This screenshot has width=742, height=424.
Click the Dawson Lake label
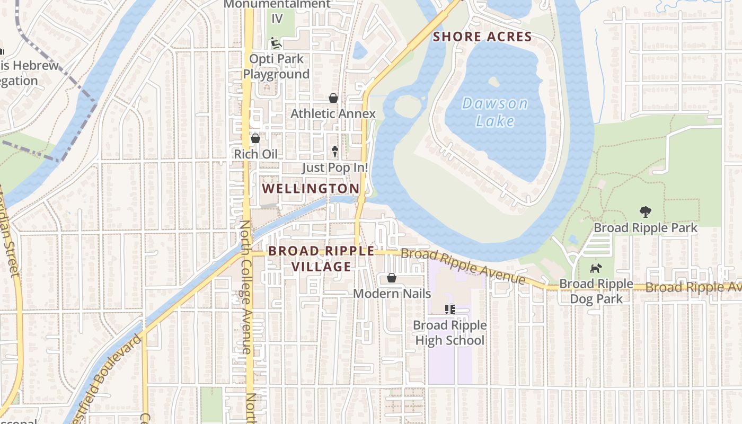[494, 112]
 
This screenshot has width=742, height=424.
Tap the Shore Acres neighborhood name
[482, 37]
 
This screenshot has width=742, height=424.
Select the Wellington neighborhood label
[311, 188]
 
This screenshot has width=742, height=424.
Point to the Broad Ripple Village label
[321, 259]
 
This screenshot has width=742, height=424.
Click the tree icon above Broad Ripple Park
[645, 212]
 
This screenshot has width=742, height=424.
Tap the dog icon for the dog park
[596, 268]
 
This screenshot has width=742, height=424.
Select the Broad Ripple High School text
[450, 332]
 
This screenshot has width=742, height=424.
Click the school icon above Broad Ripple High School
[450, 310]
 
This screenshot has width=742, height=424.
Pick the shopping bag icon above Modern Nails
[391, 278]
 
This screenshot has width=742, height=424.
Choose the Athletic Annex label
[333, 113]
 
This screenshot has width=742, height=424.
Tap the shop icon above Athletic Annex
[333, 98]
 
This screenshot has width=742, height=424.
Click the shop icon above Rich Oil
[255, 138]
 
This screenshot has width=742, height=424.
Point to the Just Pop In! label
[335, 167]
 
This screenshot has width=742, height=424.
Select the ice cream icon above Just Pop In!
[335, 152]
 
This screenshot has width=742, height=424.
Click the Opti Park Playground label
[276, 66]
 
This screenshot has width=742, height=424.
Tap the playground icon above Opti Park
[275, 42]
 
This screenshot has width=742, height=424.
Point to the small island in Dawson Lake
[493, 82]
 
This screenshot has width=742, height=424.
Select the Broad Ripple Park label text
[646, 228]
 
